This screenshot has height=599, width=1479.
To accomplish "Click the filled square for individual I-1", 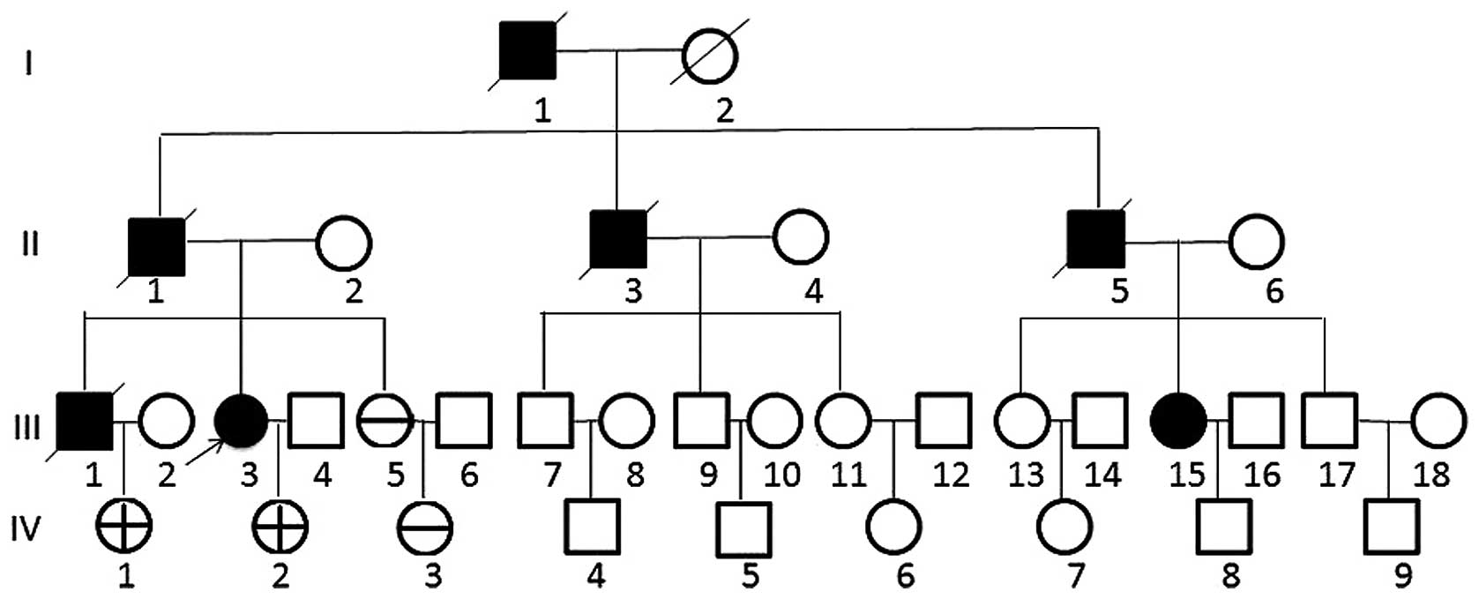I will coord(527,49).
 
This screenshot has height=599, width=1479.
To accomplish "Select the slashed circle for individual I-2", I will coord(711,56).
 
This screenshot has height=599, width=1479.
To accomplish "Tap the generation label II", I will coord(31,243).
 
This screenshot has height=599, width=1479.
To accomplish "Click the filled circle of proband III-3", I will coord(242,421).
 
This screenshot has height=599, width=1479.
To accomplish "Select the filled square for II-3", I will coord(618,239).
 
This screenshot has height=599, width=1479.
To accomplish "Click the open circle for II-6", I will coord(1257,241).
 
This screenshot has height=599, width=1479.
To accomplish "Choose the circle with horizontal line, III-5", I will coord(385,421).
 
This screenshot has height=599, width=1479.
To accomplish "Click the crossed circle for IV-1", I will coord(123,527).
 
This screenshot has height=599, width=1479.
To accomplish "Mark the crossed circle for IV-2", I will coord(280,527).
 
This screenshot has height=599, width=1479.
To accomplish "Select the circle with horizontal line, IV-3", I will coord(425,528).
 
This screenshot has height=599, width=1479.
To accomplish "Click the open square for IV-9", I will coord(1391,527).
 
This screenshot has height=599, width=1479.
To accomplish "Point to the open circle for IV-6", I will coord(894,527).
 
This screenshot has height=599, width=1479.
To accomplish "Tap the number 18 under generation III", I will coord(1430,475).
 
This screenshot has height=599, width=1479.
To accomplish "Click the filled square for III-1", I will coord(85,420).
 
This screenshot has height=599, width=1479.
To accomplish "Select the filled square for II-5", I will coord(1096,239).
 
